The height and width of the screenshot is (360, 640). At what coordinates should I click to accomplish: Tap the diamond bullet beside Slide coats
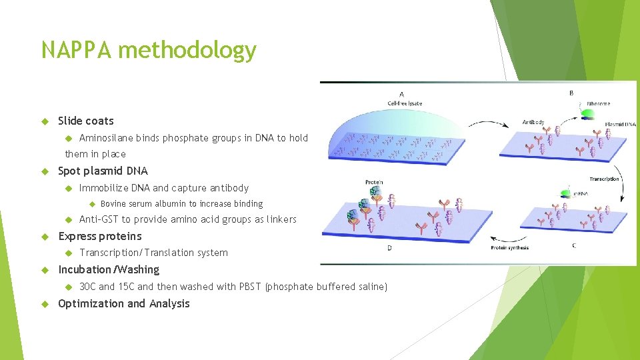pos(45,121)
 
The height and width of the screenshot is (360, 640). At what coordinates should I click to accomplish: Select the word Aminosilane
pos(106,138)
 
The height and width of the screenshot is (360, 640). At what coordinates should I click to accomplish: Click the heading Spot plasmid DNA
pos(103,171)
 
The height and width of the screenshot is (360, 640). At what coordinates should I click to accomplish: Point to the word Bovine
pos(113,204)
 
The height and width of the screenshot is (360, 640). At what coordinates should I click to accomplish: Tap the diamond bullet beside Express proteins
pos(45,236)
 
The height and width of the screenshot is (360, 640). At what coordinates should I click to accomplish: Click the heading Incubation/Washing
pos(109,269)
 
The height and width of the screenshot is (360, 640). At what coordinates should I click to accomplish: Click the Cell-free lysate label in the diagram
pos(405,103)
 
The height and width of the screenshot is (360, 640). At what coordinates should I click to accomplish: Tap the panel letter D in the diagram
pos(389,248)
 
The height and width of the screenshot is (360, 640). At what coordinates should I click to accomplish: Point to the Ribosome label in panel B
pos(598,104)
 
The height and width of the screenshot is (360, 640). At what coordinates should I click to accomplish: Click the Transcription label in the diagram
pos(604,179)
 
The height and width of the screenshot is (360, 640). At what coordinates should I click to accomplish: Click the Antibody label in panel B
pos(533,122)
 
